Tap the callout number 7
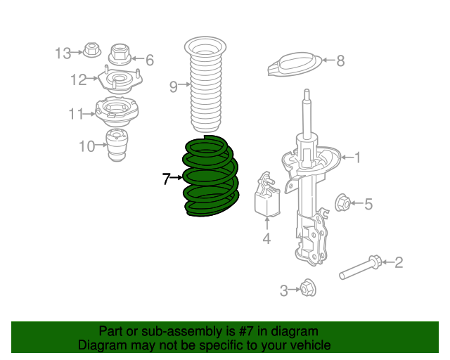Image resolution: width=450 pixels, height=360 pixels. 166,179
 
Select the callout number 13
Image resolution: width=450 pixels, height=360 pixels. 63,53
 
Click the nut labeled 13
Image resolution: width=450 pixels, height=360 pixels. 91,51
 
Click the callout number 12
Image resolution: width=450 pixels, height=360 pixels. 77,79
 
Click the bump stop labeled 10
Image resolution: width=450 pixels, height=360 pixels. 117,146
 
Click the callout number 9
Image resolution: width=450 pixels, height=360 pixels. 174,86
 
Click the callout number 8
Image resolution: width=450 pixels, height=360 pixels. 340,61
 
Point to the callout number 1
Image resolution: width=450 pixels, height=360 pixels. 356,157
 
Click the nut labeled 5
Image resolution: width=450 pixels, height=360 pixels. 343,203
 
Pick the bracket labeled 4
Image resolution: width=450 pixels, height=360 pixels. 266,198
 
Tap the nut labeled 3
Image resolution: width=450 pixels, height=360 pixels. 307,288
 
